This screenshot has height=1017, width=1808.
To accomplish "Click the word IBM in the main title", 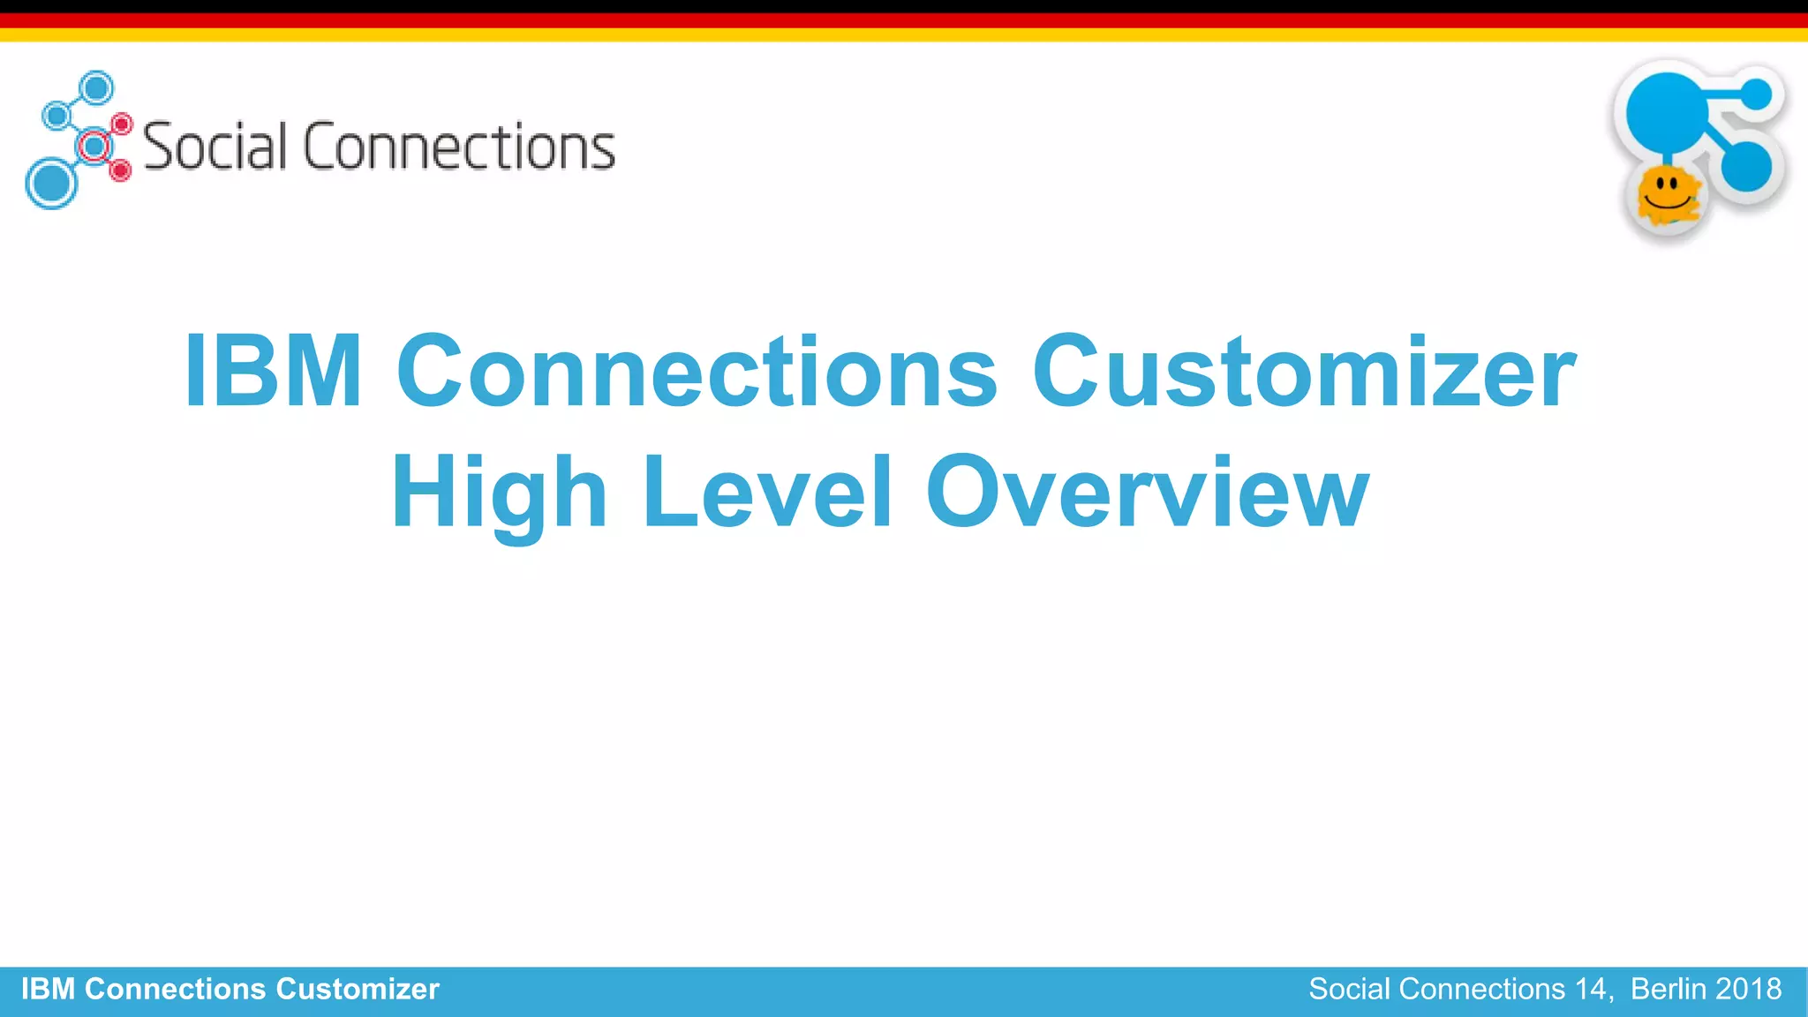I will coord(273,372).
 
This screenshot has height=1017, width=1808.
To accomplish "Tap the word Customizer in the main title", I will coord(1304,372).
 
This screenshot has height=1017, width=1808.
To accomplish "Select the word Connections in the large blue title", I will coord(697,372).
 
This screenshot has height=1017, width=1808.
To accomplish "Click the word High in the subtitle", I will coord(499,493).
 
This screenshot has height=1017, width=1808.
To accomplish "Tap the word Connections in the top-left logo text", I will coord(459,147).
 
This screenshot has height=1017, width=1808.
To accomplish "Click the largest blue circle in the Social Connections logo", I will coord(50,184).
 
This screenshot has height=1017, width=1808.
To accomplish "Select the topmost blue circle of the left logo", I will coord(96,88).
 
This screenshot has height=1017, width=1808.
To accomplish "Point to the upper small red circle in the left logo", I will coord(123,124).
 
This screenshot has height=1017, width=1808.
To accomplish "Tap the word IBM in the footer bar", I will coord(48,990).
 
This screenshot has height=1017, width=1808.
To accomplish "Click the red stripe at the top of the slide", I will coord(904,20).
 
